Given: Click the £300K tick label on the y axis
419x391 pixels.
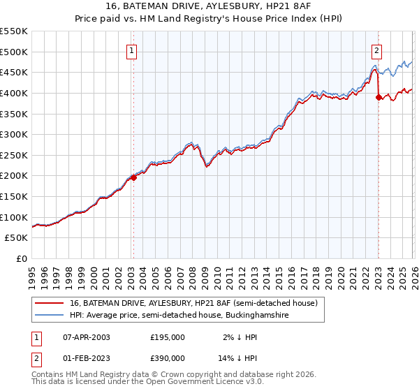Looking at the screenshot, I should point(14,134).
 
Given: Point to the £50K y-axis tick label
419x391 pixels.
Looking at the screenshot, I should point(17,238).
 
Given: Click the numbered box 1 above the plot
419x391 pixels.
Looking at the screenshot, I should point(133,50).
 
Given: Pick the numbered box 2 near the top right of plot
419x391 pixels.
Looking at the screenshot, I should point(377,50).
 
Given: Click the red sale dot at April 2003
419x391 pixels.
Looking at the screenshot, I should point(134,177).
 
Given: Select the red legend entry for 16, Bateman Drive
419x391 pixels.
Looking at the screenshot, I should point(193,303).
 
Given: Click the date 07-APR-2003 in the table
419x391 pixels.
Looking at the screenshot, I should point(86,337).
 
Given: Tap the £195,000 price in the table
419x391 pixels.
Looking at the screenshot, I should point(168,337).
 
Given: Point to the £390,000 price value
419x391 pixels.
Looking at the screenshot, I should point(168,359).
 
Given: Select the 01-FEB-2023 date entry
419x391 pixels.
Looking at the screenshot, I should point(86,359).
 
